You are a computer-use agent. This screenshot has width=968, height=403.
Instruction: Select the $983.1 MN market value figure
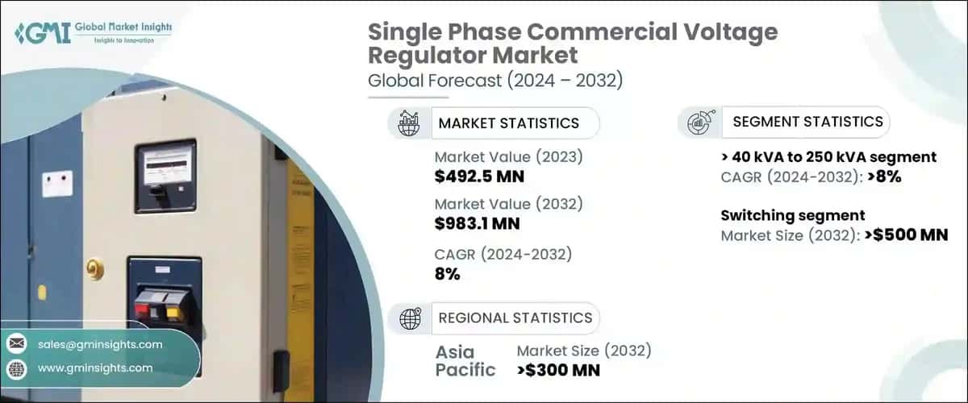(x=478, y=222)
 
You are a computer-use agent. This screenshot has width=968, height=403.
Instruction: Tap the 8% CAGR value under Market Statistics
(x=447, y=273)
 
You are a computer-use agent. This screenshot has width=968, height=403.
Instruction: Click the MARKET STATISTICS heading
(x=508, y=123)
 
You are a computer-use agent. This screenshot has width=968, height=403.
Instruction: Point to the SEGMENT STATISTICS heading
(x=807, y=123)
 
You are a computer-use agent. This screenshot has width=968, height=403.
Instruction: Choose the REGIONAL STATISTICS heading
(x=515, y=318)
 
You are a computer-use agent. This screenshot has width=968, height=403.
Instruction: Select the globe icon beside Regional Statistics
(x=410, y=318)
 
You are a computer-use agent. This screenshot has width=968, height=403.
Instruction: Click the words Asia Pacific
(x=466, y=360)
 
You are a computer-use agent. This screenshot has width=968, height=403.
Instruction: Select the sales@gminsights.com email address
(x=100, y=344)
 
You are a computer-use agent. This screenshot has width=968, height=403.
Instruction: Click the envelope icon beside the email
(x=16, y=344)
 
